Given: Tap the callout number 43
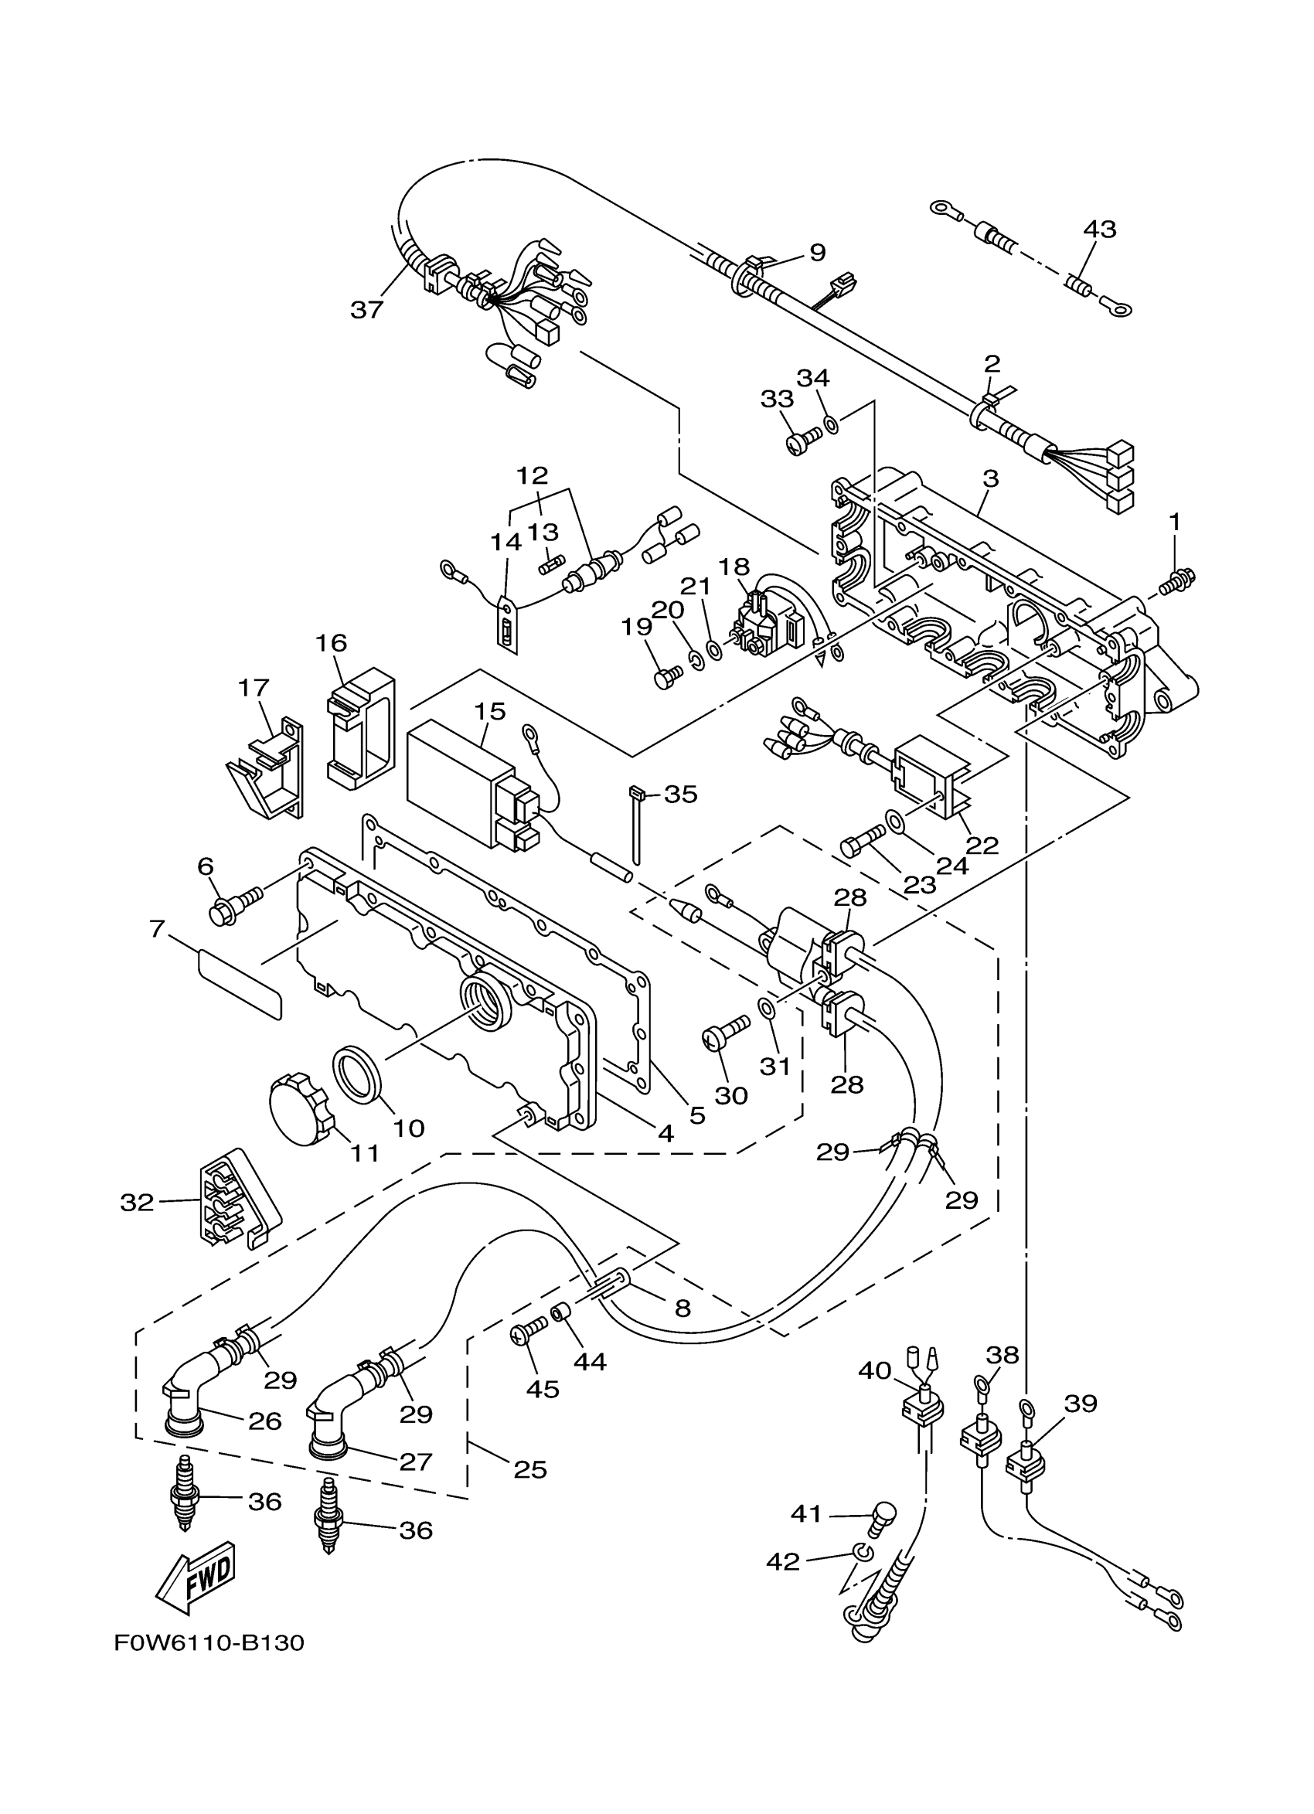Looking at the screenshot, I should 1100,229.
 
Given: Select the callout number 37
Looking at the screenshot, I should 367,309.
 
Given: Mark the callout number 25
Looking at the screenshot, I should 530,1469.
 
